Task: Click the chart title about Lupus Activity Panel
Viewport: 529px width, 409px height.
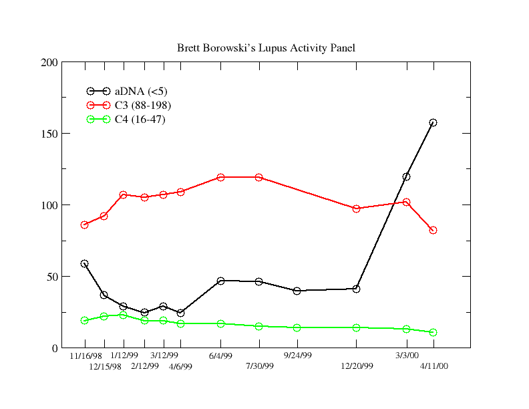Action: [266, 48]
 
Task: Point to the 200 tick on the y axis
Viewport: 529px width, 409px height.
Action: [51, 63]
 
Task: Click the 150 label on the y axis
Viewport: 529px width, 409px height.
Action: [51, 134]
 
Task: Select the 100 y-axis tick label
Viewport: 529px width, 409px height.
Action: [51, 205]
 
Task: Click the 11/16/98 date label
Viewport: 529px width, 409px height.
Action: [85, 356]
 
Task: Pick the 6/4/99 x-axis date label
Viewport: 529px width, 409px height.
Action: [220, 356]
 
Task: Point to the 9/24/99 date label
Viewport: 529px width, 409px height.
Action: [298, 356]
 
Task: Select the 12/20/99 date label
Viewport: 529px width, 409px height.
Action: [357, 366]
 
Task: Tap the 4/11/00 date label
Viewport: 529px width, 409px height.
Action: [433, 366]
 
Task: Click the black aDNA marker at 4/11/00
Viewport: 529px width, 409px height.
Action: [433, 122]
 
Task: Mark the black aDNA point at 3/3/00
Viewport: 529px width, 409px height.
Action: [406, 176]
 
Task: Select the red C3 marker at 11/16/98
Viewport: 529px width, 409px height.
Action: [84, 225]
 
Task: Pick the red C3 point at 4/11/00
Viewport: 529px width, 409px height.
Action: [433, 230]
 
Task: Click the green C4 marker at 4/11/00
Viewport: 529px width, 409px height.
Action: [433, 332]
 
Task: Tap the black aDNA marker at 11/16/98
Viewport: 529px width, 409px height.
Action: [84, 263]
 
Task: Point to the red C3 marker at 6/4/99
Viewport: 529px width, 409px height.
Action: [220, 177]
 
